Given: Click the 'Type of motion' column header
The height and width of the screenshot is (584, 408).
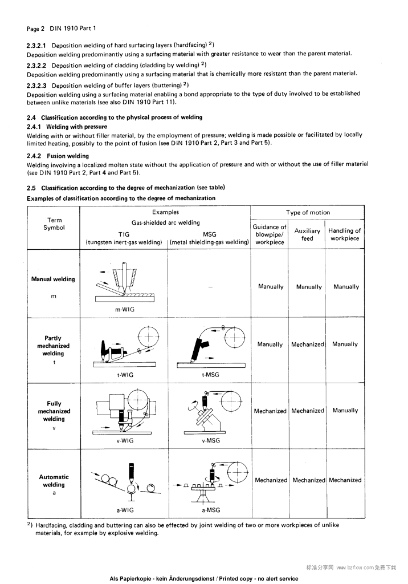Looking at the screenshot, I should click(308, 212).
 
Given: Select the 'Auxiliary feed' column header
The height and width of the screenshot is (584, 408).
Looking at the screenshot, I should click(307, 234).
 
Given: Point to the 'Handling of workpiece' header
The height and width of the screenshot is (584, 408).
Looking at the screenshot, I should click(345, 234).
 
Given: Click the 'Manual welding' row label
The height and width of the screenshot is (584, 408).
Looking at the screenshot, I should click(53, 279).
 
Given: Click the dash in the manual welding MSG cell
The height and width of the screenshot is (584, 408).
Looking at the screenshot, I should click(210, 287).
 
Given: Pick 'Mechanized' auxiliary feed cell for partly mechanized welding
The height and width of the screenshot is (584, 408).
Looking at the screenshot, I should click(307, 344).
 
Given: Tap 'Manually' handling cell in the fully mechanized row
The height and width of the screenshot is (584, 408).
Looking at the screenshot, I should click(345, 411).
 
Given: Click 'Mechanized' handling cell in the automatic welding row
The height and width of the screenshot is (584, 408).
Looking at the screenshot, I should click(345, 480).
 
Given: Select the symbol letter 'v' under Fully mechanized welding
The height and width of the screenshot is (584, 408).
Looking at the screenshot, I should click(54, 429).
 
